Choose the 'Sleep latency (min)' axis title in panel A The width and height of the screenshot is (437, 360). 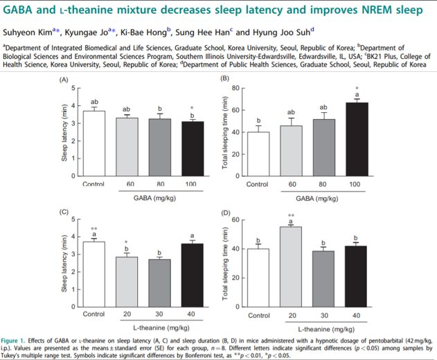66,132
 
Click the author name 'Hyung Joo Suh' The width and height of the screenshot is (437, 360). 280,31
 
